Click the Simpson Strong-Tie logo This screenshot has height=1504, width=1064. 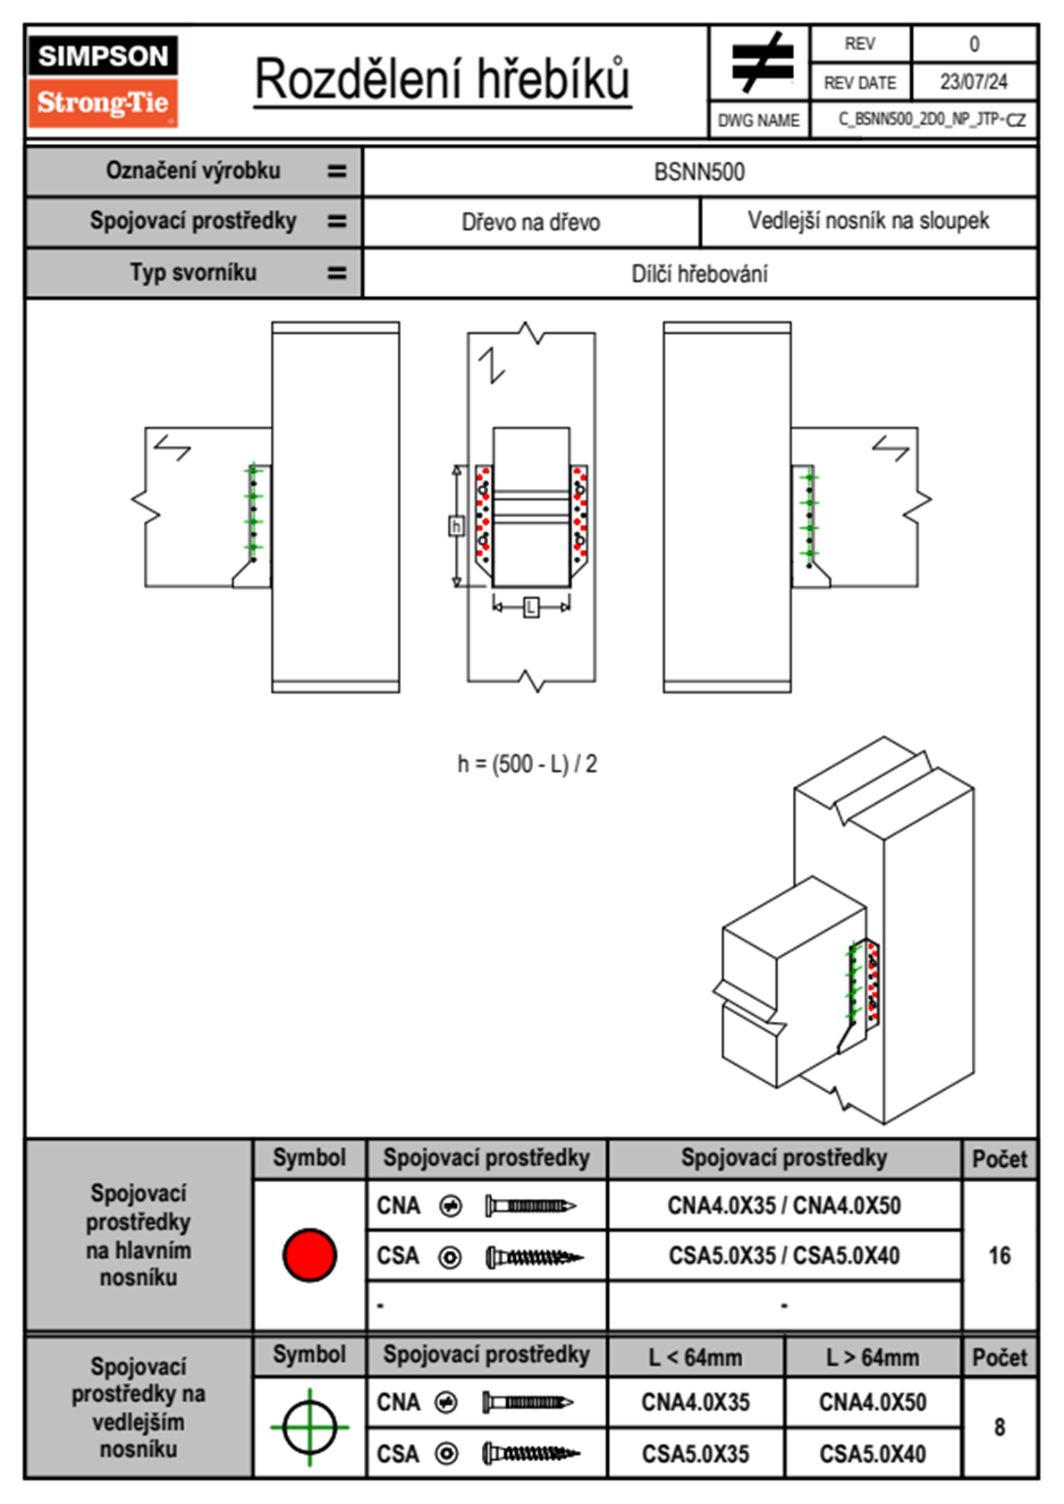(103, 80)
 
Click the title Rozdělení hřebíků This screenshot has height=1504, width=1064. (443, 80)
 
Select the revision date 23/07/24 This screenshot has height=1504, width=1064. (973, 82)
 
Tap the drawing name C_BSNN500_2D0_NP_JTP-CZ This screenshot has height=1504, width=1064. (931, 120)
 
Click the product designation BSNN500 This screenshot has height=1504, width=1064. (699, 172)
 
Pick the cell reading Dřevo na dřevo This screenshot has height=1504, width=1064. (530, 222)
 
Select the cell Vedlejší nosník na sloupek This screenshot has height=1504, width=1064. (868, 221)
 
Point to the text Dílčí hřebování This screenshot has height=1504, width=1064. (699, 274)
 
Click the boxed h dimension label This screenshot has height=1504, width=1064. (456, 526)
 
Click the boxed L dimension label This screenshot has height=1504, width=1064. (531, 607)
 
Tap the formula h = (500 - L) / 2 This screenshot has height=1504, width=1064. (527, 764)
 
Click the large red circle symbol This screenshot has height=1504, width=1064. (309, 1255)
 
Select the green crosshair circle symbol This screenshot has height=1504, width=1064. (309, 1427)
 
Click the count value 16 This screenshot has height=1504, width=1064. (999, 1255)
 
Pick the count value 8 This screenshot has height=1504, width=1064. (999, 1427)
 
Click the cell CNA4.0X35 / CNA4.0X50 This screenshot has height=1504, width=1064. (784, 1205)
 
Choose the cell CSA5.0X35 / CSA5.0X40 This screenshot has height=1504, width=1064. (784, 1255)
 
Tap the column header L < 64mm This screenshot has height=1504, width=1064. (695, 1357)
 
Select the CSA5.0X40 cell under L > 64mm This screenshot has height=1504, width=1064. (872, 1454)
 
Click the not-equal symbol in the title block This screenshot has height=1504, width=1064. (761, 63)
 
